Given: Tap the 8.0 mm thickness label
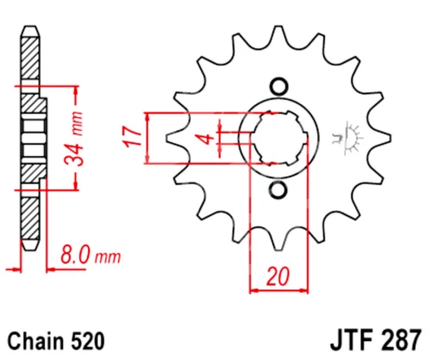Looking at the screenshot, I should pyautogui.click(x=89, y=256).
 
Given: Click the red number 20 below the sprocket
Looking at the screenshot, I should pyautogui.click(x=278, y=277).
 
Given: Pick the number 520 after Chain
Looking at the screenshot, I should pyautogui.click(x=90, y=338).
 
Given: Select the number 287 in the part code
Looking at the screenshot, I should pyautogui.click(x=399, y=338).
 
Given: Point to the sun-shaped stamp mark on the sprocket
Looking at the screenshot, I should pyautogui.click(x=352, y=136).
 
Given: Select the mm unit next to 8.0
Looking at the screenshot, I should pyautogui.click(x=108, y=257).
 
